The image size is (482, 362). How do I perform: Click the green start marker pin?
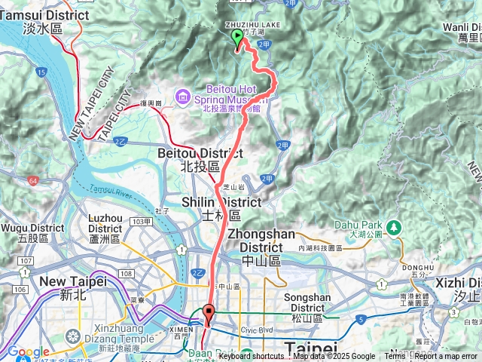237,38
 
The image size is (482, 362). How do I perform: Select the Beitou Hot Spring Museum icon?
182,96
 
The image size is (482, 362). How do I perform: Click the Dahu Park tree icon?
392,226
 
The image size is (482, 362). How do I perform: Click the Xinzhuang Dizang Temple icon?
74,335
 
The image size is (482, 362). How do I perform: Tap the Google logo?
28,351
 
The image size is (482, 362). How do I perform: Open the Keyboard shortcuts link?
253,357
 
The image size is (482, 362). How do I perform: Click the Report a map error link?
445,357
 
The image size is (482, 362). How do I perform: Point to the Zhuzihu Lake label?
252,25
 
